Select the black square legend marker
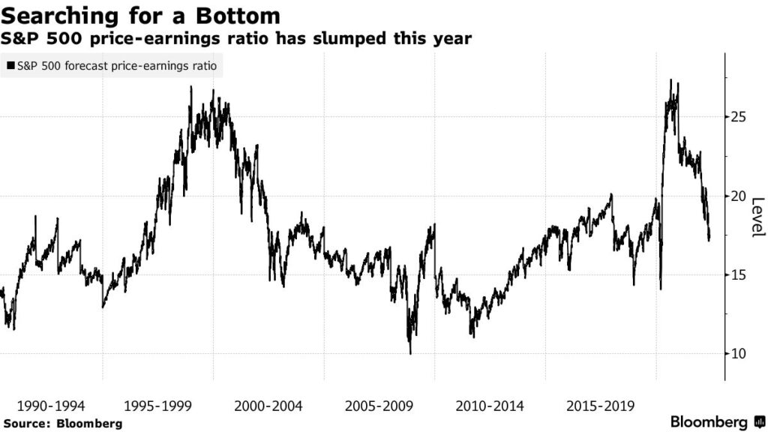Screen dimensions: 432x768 point(9,66)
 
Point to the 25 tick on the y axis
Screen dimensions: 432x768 point(740,117)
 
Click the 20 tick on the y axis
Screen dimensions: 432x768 point(740,196)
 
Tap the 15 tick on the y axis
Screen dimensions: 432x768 point(740,274)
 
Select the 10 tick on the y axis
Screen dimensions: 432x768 point(740,353)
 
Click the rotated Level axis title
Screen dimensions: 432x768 point(757,216)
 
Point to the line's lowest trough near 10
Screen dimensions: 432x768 point(410,352)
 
